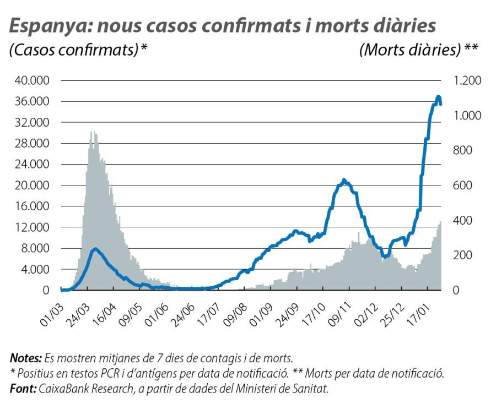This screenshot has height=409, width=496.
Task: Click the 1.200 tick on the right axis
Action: pyautogui.click(x=466, y=80)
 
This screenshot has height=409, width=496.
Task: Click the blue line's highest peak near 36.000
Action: pyautogui.click(x=438, y=97)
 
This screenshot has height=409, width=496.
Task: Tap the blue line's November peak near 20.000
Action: pyautogui.click(x=343, y=181)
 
